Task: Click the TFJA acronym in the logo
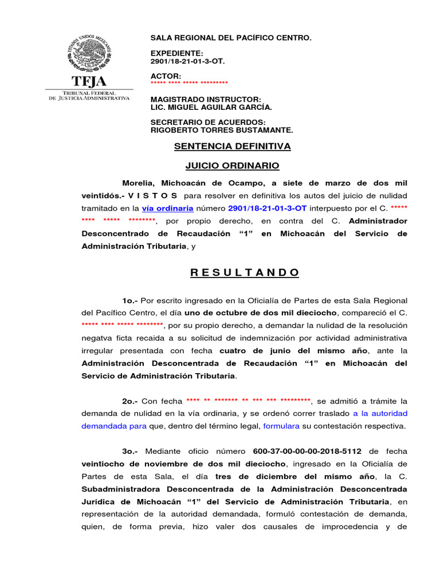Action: pos(89,81)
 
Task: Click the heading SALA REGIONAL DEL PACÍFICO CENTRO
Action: pos(231,38)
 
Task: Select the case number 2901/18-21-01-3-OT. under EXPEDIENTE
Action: pos(187,61)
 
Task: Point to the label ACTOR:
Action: pos(166,76)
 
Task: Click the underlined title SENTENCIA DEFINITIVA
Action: pos(232,146)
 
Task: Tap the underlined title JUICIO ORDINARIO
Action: pos(232,166)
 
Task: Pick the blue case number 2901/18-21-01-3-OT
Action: pos(268,208)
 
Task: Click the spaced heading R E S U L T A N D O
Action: pos(245,272)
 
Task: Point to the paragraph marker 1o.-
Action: pos(130,300)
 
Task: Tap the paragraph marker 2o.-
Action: pos(130,401)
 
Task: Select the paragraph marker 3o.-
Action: pos(130,452)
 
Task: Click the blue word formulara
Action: pos(281,426)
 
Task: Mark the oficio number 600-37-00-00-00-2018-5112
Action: pos(308,452)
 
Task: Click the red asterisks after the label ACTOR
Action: pos(189,84)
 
